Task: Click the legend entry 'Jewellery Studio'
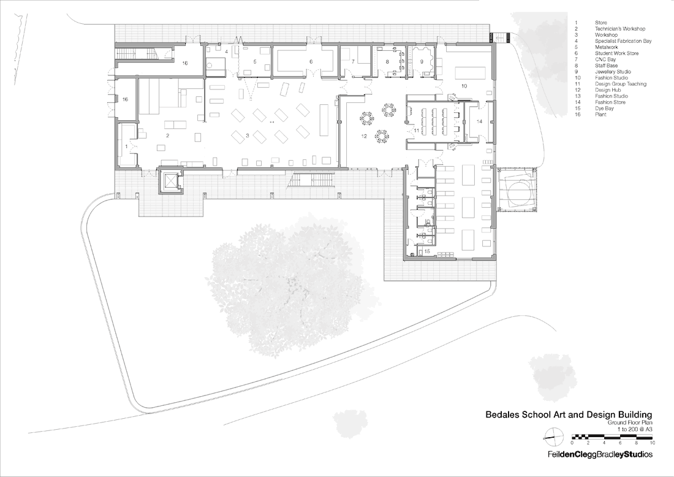613,72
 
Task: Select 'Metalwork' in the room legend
607,47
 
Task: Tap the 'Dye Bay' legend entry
605,109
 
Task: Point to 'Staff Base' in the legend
607,66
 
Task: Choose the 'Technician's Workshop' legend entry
620,29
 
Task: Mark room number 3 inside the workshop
248,135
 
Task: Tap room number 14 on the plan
479,122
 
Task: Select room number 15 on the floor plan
427,251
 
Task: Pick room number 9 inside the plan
422,62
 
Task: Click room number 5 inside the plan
255,62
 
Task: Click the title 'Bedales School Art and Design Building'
569,415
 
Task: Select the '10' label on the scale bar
653,443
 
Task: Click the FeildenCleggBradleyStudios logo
600,454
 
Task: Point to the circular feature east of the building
518,189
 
